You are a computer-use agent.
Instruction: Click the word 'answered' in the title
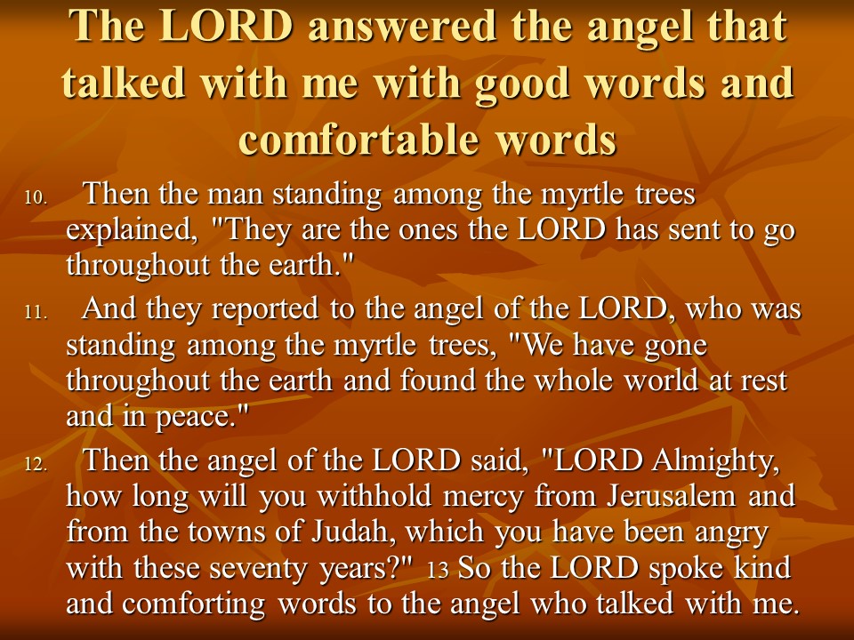[402, 26]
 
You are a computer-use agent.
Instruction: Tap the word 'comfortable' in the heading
[359, 139]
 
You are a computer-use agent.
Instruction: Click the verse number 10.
[36, 198]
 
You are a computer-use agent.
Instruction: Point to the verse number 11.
[36, 312]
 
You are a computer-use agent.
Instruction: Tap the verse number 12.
[36, 464]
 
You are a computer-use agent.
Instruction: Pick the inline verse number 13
[438, 570]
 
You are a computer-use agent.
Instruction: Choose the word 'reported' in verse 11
[265, 309]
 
